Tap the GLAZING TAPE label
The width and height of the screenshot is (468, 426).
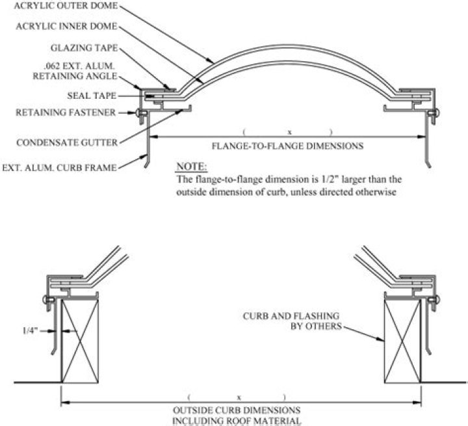[84, 48]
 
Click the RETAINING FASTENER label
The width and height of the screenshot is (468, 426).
[66, 112]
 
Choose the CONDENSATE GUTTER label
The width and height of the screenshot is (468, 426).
[68, 140]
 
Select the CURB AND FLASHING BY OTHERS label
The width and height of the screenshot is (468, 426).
[292, 321]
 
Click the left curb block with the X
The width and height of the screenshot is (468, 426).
[78, 339]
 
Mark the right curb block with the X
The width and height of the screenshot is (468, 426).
[402, 339]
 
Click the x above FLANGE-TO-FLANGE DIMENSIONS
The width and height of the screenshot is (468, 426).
[289, 132]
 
